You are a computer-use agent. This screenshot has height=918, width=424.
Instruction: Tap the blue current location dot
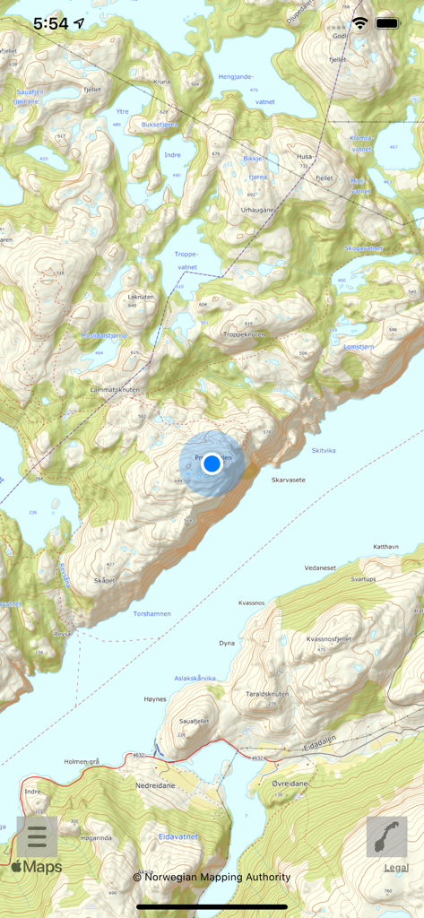click(212, 463)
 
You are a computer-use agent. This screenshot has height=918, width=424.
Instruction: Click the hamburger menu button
click(37, 836)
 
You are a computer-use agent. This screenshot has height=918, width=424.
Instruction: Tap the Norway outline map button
click(387, 836)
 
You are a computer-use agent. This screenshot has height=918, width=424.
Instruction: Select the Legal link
click(396, 867)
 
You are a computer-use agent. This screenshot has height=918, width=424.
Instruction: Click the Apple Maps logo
click(37, 867)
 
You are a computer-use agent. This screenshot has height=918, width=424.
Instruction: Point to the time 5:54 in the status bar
click(50, 24)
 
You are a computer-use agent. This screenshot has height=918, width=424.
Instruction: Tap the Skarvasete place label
click(288, 480)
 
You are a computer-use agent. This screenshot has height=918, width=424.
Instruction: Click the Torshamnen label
click(151, 614)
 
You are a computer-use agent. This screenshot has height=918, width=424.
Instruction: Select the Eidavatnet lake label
click(177, 836)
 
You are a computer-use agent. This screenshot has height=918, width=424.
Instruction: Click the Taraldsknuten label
click(266, 694)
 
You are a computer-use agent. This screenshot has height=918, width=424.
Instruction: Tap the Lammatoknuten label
click(115, 390)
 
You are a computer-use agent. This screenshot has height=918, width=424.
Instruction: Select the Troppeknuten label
click(244, 334)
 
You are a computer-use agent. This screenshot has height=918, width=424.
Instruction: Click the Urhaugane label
click(259, 210)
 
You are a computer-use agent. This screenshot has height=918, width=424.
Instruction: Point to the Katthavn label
click(385, 546)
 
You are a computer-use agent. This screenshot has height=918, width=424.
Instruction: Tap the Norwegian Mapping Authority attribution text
click(212, 877)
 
